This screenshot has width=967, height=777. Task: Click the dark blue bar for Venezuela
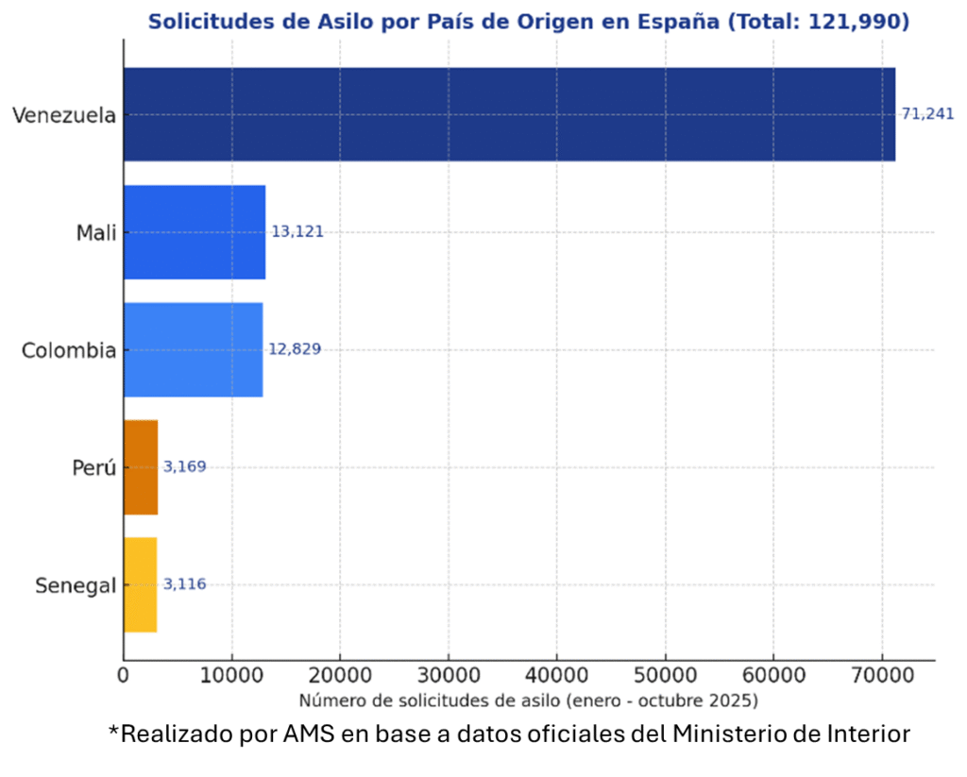point(509,114)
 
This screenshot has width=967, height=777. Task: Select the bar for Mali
point(195,232)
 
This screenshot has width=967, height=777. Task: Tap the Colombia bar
point(193,349)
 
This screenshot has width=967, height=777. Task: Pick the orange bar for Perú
point(141,466)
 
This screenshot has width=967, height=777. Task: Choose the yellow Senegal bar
point(140,584)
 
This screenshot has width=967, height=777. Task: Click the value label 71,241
point(927,114)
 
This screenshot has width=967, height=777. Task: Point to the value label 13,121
point(297,232)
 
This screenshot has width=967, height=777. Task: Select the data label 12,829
point(295,349)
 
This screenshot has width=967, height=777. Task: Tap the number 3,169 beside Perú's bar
point(184,466)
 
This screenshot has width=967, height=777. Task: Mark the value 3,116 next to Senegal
point(184,584)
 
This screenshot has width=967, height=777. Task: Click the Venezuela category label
point(64,116)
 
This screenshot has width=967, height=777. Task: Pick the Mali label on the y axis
point(96,233)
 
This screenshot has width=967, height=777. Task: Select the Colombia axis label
point(69,351)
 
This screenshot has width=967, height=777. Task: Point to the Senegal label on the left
point(76,586)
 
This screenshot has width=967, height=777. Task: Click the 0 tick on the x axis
point(123,676)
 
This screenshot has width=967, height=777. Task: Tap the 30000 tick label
point(448,676)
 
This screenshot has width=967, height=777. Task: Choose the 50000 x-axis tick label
point(665,676)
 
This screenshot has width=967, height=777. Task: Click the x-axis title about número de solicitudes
point(528,701)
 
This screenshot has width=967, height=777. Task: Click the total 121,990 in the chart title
point(858,22)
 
